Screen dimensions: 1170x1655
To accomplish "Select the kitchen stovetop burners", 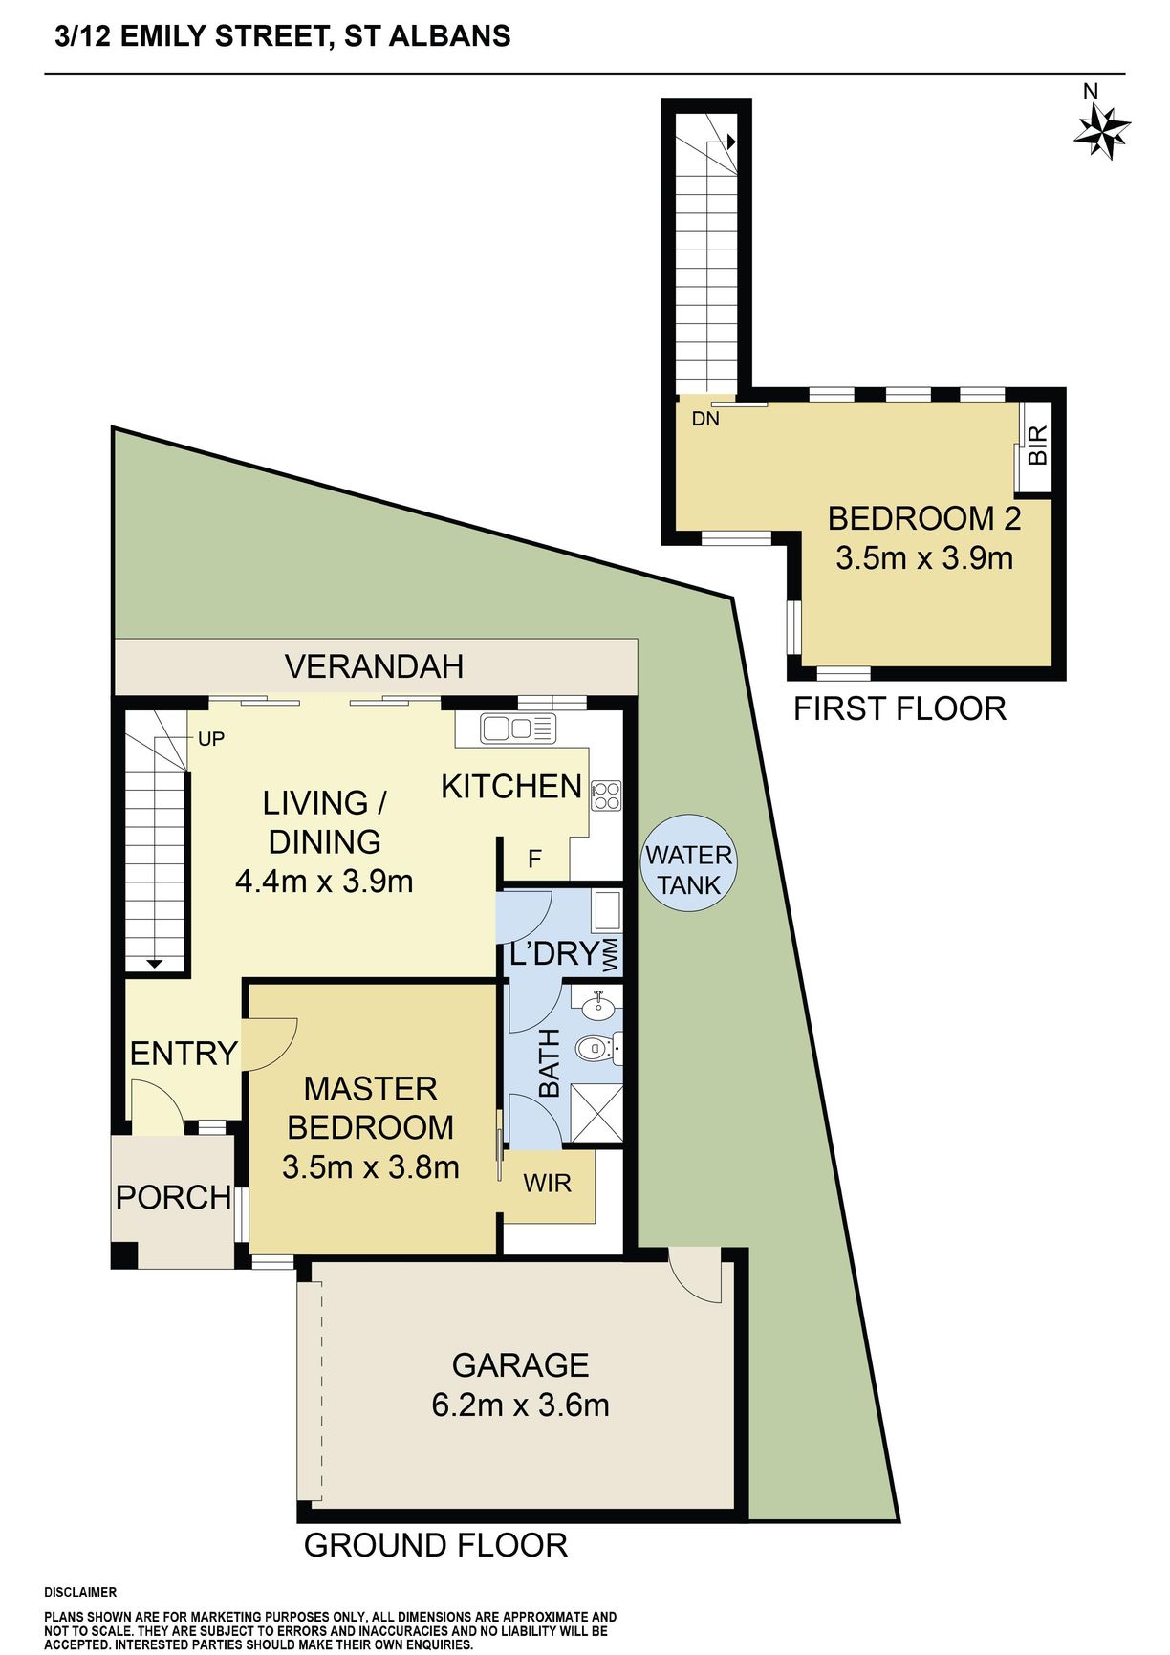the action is click(606, 795).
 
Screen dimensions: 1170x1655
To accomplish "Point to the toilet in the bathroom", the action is click(600, 1049).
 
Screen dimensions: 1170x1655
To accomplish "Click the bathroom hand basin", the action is click(598, 1004).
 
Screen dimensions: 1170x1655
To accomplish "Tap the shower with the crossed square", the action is click(596, 1113).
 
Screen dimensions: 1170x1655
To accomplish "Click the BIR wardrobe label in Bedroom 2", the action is click(1038, 446).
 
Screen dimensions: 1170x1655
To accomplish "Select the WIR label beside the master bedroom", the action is click(548, 1183).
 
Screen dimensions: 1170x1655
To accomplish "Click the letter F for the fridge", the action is click(534, 859).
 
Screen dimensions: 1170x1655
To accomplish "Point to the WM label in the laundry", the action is click(611, 956).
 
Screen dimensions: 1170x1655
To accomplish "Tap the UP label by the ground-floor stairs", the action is click(211, 738).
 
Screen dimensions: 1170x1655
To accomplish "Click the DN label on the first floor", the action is click(705, 419).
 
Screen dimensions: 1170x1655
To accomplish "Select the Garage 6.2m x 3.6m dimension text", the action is click(520, 1405).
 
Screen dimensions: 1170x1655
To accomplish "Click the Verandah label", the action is click(375, 666).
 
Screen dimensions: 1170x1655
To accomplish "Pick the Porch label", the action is click(174, 1197).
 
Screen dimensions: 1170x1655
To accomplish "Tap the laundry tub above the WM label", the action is click(607, 911).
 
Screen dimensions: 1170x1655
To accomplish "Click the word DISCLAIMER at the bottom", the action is click(80, 1592).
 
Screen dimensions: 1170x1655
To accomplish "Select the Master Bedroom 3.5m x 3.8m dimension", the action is click(371, 1167).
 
